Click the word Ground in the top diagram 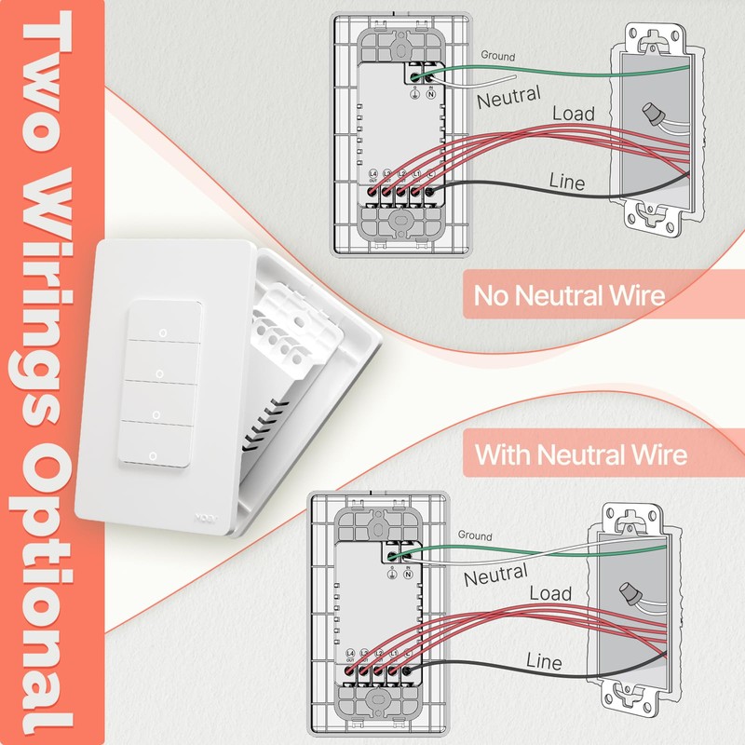pos(497,56)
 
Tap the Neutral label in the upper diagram pos(509,96)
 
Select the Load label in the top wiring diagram pos(574,114)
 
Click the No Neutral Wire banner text pos(569,296)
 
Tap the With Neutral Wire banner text pos(581,455)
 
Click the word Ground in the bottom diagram pos(475,536)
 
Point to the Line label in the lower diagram pos(544,661)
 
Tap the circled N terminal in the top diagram pos(431,94)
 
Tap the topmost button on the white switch pos(163,328)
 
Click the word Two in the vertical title pos(42,88)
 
